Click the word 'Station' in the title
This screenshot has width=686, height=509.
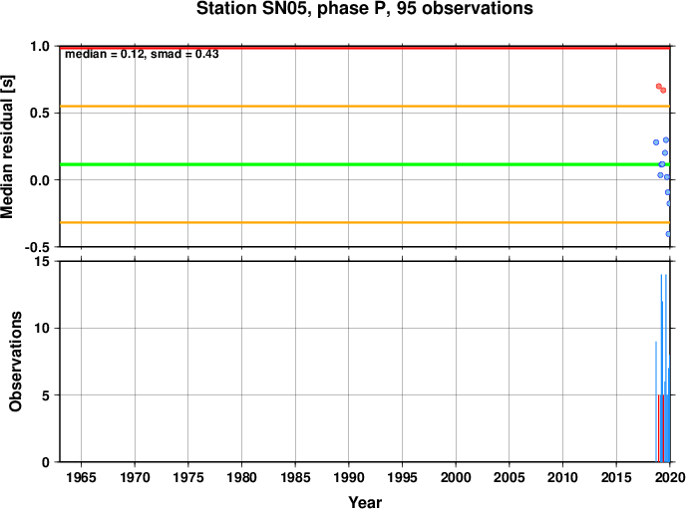tap(226, 8)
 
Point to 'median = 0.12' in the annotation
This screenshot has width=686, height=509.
tap(105, 54)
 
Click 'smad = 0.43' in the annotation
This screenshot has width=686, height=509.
tap(184, 54)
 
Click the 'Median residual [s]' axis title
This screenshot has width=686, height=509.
tap(7, 146)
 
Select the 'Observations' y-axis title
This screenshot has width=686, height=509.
tap(16, 362)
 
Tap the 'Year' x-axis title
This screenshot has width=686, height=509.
tap(365, 502)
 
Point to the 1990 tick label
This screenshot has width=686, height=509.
tap(349, 477)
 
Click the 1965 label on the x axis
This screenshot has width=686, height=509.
tap(81, 477)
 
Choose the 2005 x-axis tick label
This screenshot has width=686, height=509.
tap(510, 477)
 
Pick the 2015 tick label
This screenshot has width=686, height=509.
tap(616, 477)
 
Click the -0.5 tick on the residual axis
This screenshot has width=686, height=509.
tap(38, 247)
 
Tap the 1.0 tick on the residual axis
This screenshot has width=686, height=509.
tap(40, 46)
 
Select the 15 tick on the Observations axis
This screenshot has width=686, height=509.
tap(43, 261)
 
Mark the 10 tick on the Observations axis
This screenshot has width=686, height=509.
tap(43, 328)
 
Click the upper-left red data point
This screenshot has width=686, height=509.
tap(659, 87)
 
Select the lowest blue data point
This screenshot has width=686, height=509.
tap(668, 234)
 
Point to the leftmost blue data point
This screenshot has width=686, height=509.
tap(656, 142)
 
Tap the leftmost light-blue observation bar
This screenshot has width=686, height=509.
tap(656, 401)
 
